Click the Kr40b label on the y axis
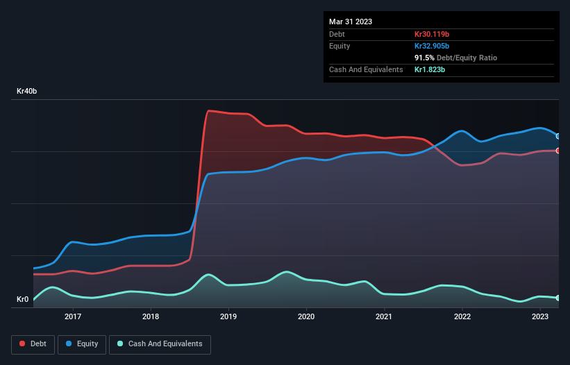[26, 92]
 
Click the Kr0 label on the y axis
[22, 300]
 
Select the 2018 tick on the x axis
[151, 316]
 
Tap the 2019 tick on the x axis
[228, 316]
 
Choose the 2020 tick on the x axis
[306, 316]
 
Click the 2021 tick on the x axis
[384, 316]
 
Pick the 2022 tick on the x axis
[462, 316]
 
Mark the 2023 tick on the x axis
[539, 316]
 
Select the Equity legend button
[82, 343]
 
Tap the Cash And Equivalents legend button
[160, 343]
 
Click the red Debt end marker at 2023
[558, 151]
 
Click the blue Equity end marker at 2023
[558, 136]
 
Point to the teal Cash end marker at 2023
[558, 298]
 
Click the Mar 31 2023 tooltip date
[351, 22]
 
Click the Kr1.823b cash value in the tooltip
[430, 69]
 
